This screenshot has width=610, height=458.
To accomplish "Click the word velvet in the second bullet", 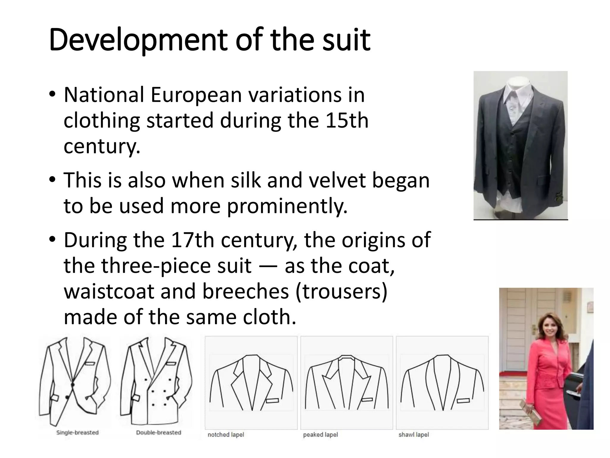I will coord(337,180).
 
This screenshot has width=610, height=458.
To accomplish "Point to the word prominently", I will coord(287,206).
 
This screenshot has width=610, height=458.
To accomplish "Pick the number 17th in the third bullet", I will coord(192,240).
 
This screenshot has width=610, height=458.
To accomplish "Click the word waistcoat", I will coord(109,291).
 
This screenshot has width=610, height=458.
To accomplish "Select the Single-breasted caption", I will coord(77,432).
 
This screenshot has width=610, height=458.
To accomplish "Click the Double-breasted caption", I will coord(158,432).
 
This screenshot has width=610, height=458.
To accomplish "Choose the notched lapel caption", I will coord(226,435).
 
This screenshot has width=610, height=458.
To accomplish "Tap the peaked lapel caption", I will coord(320,435).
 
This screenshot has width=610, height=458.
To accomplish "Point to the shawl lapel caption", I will coord(414,435).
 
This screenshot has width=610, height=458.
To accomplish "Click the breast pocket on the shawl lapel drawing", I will coord(463,401).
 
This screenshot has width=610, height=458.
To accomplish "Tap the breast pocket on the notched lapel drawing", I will coord(273,401).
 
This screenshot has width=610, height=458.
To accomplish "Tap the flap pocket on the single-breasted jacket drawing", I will coord(55,397).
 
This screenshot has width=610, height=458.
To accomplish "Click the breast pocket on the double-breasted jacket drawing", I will coord(171,364).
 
